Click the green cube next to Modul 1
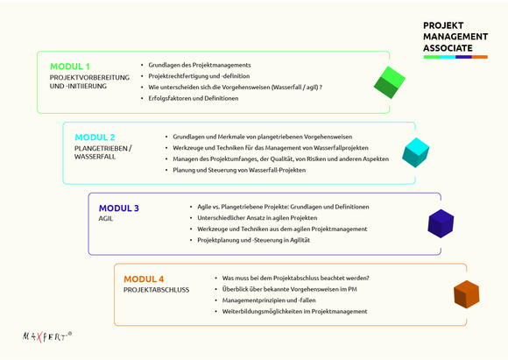pyautogui.click(x=390, y=82)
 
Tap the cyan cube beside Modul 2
pyautogui.click(x=416, y=152)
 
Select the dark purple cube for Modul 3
pyautogui.click(x=441, y=223)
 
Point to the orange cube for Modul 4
pyautogui.click(x=467, y=294)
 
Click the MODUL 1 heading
pyautogui.click(x=70, y=67)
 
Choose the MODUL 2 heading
pyautogui.click(x=95, y=138)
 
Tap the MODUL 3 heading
pyautogui.click(x=119, y=208)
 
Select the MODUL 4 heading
pyautogui.click(x=144, y=279)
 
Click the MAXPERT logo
pyautogui.click(x=47, y=336)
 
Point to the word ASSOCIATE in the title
pyautogui.click(x=448, y=48)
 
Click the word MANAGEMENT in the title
pyautogui.click(x=455, y=37)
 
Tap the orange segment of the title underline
pyautogui.click(x=479, y=57)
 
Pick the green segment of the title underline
pyautogui.click(x=432, y=57)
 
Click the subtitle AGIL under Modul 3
pyautogui.click(x=106, y=219)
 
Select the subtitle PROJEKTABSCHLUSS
pyautogui.click(x=157, y=290)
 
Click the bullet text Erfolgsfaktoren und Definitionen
pyautogui.click(x=194, y=98)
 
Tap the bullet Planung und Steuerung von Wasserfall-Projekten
pyautogui.click(x=239, y=170)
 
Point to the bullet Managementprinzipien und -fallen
pyautogui.click(x=269, y=300)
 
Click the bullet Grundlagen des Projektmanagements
pyautogui.click(x=200, y=65)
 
